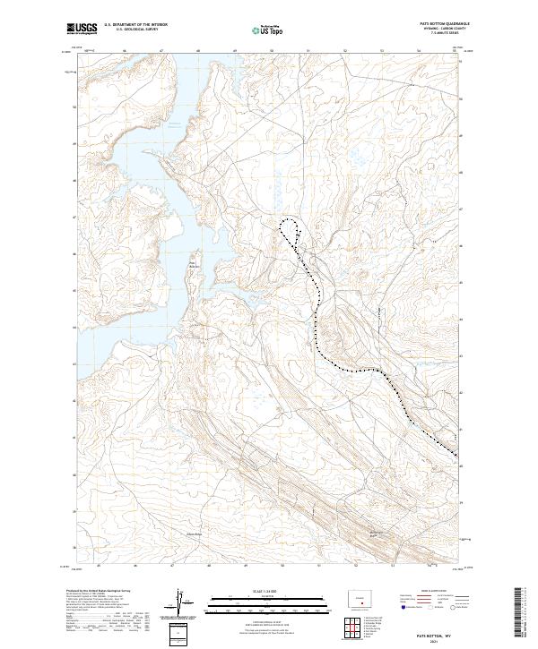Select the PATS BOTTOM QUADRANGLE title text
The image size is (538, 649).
[437, 24]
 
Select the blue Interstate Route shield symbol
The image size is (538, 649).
[403, 608]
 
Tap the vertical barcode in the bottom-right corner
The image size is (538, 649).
[516, 613]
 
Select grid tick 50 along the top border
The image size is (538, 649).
[272, 52]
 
